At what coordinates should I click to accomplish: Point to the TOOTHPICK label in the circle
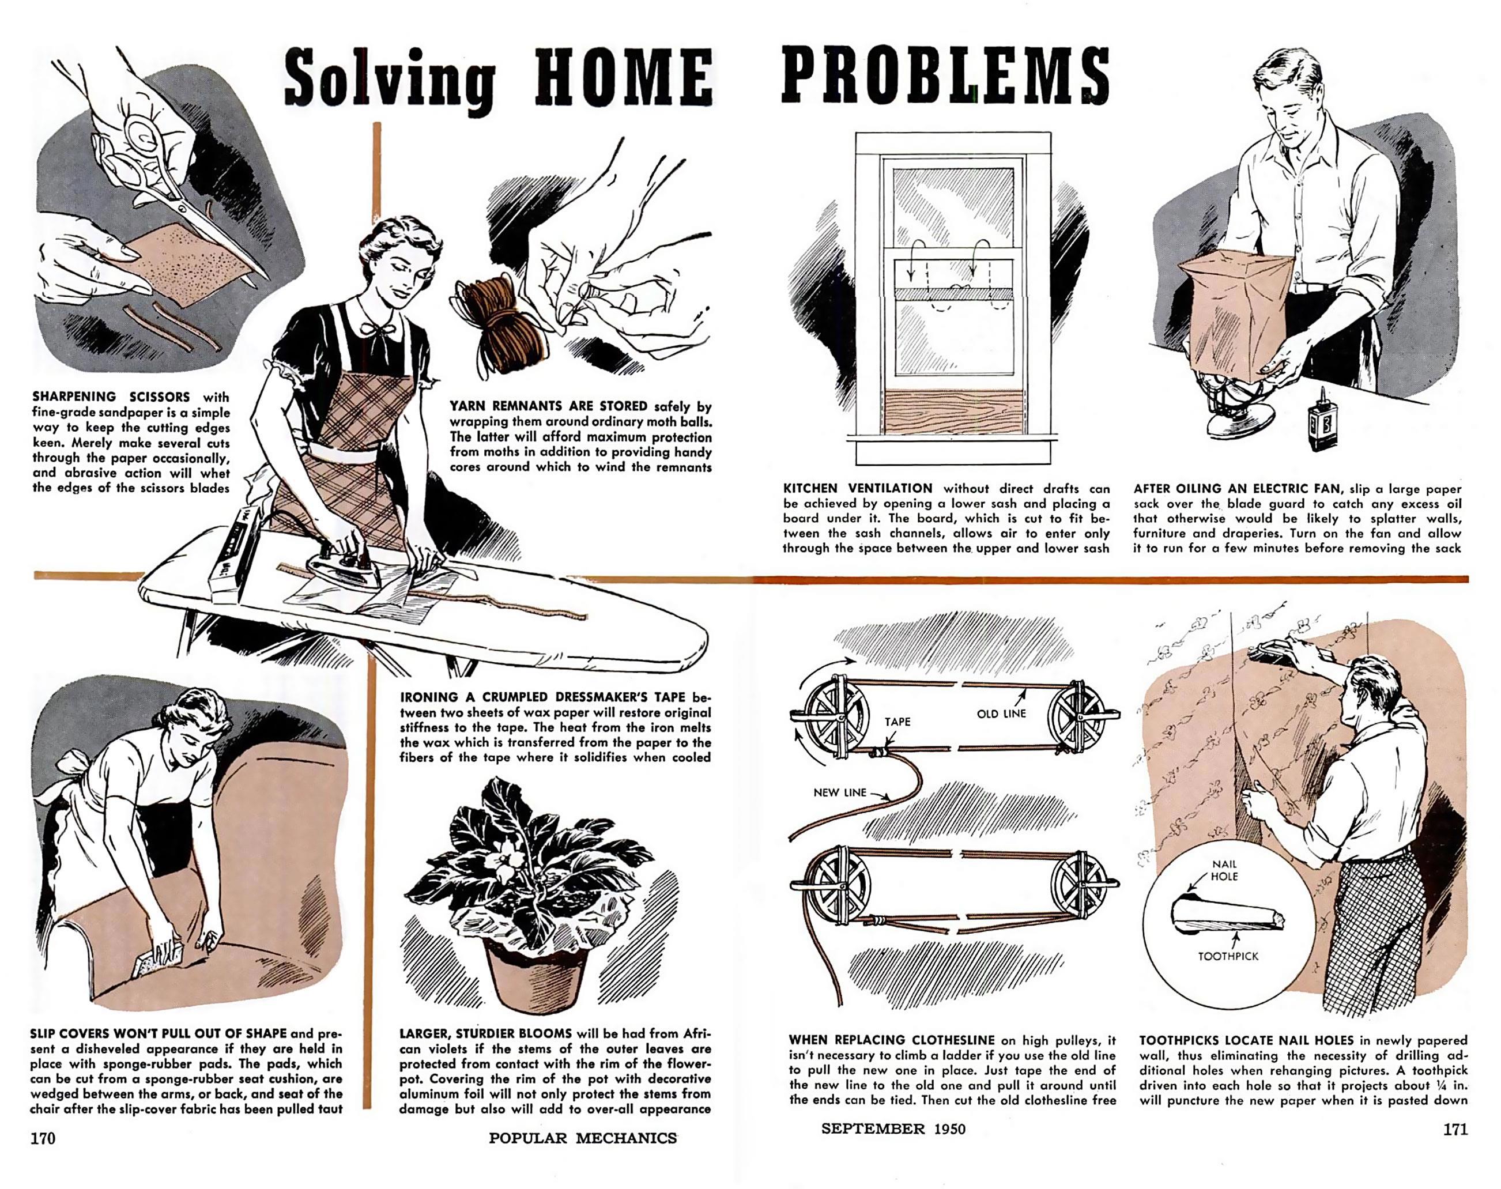pos(1228,957)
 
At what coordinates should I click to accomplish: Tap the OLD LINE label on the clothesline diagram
pos(1001,714)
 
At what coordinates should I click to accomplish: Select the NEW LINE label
pos(840,792)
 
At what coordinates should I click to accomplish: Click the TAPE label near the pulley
pos(897,722)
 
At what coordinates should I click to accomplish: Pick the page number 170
pos(43,1138)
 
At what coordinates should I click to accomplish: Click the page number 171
pos(1455,1129)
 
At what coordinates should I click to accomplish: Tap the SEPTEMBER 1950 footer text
pos(894,1128)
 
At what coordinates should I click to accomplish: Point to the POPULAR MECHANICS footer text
pos(583,1138)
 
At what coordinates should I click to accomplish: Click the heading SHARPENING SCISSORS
pos(111,397)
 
